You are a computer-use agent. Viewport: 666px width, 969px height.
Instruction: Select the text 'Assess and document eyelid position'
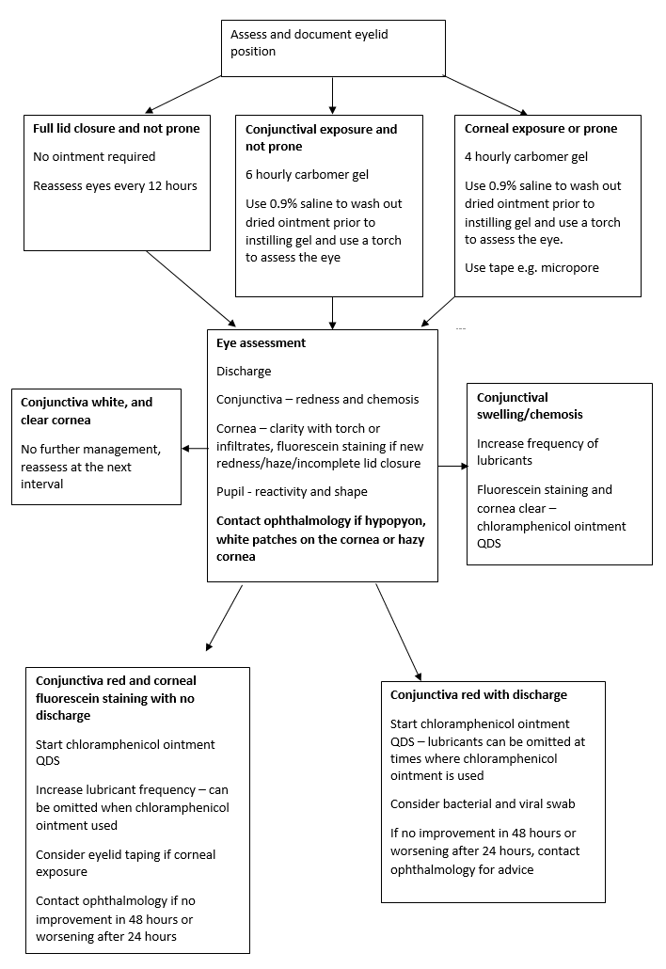[x=309, y=42]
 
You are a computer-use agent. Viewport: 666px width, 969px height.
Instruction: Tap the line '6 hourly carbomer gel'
[x=307, y=174]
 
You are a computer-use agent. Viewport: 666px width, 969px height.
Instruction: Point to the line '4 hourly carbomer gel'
[x=526, y=156]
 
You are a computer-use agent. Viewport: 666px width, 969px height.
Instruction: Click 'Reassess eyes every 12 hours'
[x=115, y=185]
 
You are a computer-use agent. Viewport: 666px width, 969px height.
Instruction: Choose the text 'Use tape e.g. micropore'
[x=532, y=268]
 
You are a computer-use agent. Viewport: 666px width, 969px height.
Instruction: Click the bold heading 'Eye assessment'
[x=261, y=343]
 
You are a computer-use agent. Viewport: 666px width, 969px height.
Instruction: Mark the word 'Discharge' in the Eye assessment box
[x=244, y=372]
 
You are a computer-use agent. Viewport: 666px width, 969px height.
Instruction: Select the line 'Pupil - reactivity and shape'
[x=292, y=491]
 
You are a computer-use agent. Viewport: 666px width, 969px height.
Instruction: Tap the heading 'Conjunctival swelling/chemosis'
[x=530, y=405]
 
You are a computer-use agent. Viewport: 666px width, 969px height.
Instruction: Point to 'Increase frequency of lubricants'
[x=537, y=452]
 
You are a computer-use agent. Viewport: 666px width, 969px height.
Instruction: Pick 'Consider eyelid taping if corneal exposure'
[x=125, y=863]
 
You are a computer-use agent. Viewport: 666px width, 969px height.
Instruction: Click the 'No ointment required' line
[x=94, y=156]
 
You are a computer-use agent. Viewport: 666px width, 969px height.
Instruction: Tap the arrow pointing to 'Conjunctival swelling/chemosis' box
[x=452, y=466]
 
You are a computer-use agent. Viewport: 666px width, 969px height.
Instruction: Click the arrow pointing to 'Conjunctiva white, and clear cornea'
[x=195, y=449]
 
